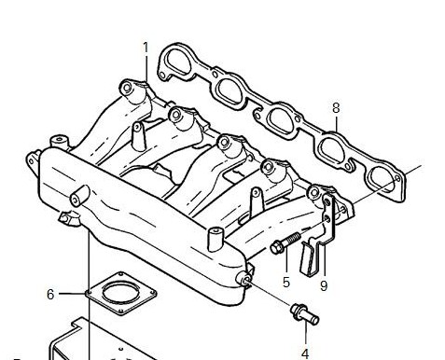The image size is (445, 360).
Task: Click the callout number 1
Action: pyautogui.click(x=146, y=48)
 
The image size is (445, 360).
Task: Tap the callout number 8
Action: pyautogui.click(x=336, y=108)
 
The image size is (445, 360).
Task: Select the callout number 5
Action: pyautogui.click(x=286, y=282)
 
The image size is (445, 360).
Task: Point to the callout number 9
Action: pyautogui.click(x=324, y=285)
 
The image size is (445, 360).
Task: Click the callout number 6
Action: pyautogui.click(x=50, y=294)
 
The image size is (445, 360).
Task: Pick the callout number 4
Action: pyautogui.click(x=305, y=353)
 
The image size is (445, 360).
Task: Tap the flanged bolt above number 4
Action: pyautogui.click(x=305, y=314)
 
